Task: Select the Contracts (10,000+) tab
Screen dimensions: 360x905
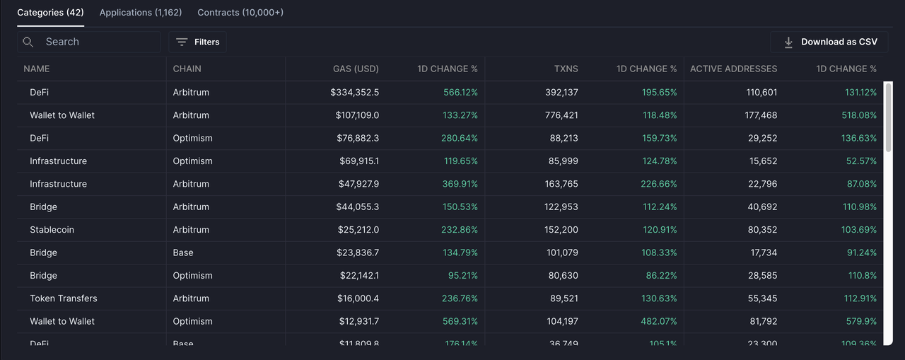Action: point(240,13)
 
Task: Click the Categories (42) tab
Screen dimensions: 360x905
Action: point(50,13)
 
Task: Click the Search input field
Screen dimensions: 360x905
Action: point(99,42)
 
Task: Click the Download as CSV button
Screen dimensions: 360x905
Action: point(829,42)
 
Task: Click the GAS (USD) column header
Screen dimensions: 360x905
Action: point(356,69)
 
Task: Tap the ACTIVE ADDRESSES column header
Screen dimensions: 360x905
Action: point(733,69)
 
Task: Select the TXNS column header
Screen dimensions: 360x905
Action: point(566,69)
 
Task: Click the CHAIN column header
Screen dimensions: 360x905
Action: point(187,69)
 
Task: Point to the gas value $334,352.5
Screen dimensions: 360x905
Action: point(354,93)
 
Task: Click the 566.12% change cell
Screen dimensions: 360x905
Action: point(460,93)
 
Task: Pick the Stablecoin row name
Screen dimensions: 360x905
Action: point(52,230)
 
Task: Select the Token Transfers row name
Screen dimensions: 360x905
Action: point(64,298)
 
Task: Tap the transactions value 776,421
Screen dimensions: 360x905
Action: point(561,115)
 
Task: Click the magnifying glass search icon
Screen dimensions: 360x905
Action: point(28,42)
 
